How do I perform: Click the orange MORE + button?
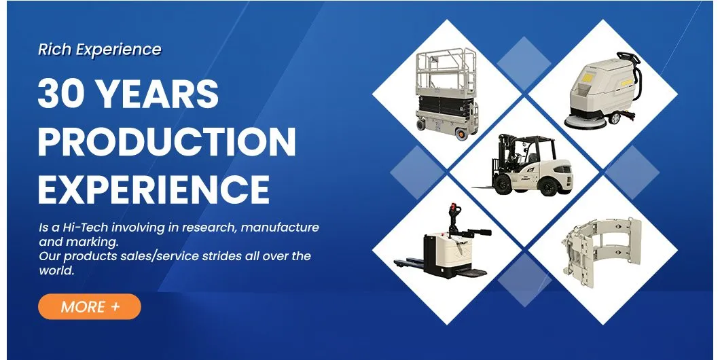click(89, 306)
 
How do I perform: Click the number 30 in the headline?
click(62, 94)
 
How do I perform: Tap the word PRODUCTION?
click(166, 141)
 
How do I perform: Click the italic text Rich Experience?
click(100, 50)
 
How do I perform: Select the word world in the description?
click(56, 270)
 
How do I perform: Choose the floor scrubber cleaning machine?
click(600, 92)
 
